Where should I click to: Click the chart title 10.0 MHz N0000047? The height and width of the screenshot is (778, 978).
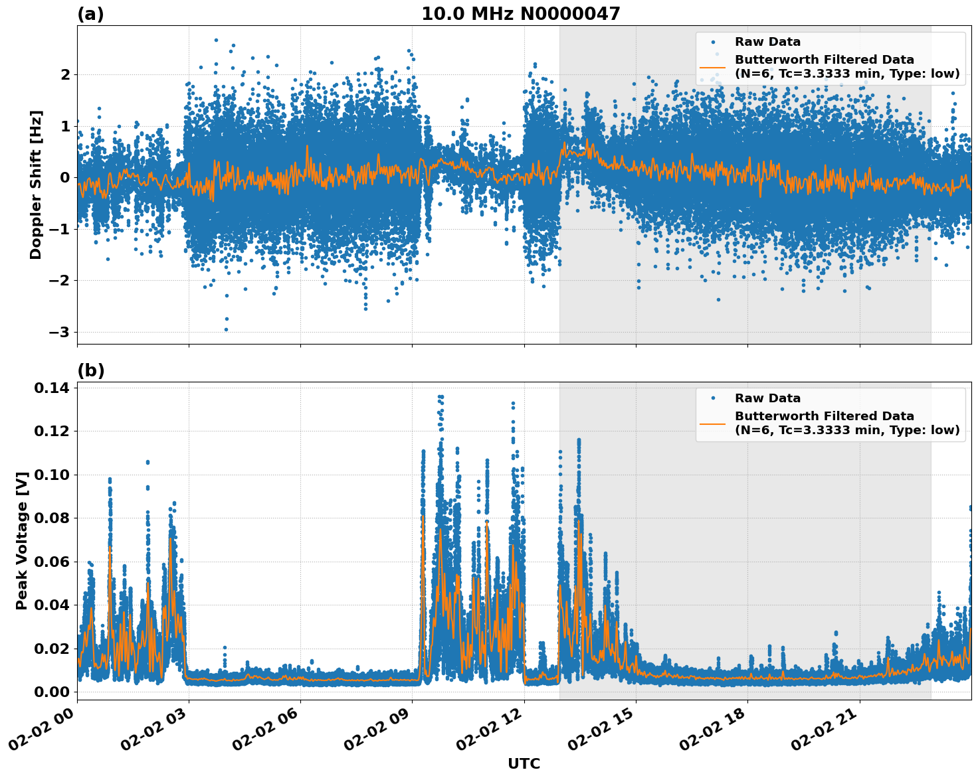click(x=520, y=14)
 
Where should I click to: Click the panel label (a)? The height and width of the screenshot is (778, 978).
click(x=90, y=14)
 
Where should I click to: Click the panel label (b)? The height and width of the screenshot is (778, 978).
click(x=90, y=370)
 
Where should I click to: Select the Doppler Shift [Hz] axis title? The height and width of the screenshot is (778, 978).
click(x=36, y=185)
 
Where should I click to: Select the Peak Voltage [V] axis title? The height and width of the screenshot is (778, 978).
click(x=22, y=540)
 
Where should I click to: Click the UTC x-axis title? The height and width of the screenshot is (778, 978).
click(x=524, y=763)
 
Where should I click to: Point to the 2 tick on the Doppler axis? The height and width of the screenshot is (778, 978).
click(x=65, y=74)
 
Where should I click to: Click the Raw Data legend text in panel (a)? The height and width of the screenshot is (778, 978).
click(x=767, y=42)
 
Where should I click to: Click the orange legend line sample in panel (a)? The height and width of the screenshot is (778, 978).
click(x=713, y=66)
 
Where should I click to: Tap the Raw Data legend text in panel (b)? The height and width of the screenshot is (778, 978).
click(x=767, y=398)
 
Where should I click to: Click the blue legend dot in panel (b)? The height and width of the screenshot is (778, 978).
click(x=713, y=398)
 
